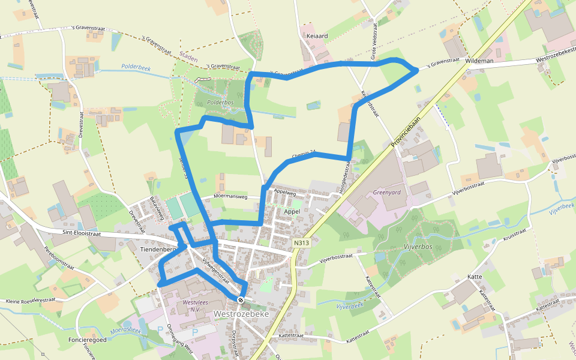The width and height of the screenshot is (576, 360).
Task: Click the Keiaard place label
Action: (x=317, y=36)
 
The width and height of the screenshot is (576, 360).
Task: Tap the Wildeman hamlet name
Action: (x=478, y=61)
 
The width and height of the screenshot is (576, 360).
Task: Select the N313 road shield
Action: (x=301, y=242)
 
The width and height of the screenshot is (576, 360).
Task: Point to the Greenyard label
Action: (x=386, y=193)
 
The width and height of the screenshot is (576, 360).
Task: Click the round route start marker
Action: (x=241, y=299)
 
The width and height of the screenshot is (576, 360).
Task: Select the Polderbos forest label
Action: (x=219, y=103)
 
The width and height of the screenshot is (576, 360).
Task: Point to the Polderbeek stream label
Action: (x=135, y=67)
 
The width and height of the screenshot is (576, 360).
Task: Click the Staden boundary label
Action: (x=188, y=58)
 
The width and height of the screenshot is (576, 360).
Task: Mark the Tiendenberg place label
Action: (x=157, y=249)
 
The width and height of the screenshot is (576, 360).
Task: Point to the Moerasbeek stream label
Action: (x=125, y=329)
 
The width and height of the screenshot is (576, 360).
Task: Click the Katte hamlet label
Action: (x=475, y=277)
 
